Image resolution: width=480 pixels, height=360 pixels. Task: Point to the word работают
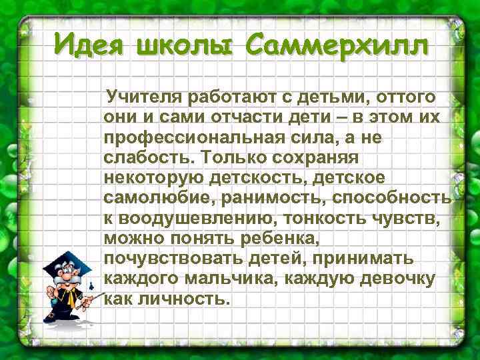(229, 98)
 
